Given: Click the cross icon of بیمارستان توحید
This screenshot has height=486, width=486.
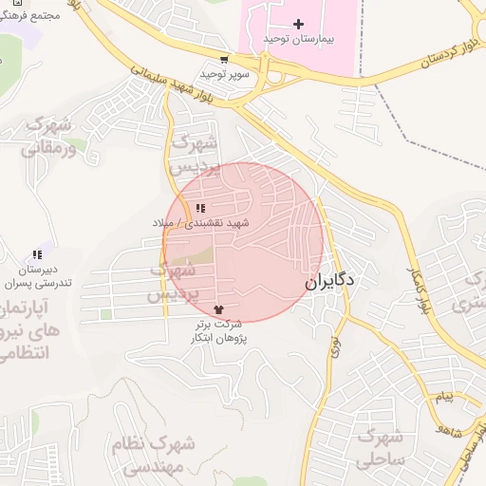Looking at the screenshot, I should click(x=300, y=24).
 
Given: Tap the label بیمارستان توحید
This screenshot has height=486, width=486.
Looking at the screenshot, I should click(x=300, y=39).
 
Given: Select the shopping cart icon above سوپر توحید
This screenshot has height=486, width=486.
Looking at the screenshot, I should click(x=224, y=59).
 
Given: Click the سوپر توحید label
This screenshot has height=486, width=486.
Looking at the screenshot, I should click(x=224, y=73).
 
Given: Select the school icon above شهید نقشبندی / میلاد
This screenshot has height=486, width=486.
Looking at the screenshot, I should click(x=199, y=208).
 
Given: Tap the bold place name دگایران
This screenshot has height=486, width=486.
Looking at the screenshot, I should click(x=329, y=282).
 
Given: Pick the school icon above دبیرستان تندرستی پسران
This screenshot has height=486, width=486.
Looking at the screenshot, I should click(x=37, y=254).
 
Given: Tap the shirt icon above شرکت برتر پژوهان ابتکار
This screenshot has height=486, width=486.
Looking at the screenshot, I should click(x=220, y=309).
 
